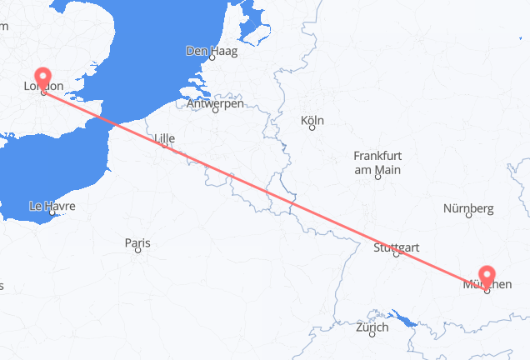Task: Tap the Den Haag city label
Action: (211, 52)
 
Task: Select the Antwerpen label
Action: (215, 103)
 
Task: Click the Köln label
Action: (312, 122)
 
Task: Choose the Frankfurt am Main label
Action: (377, 162)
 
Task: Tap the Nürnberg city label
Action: (469, 207)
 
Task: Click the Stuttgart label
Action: (397, 247)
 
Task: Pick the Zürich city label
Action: (372, 327)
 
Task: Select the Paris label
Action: (137, 243)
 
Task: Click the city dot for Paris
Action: (138, 251)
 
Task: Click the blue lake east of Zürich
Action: (406, 317)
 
